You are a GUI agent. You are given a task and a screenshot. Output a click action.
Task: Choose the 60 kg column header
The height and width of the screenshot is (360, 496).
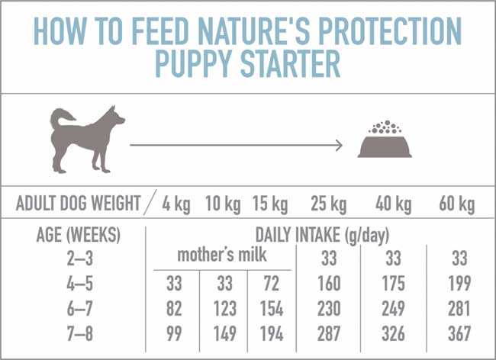tap(456, 204)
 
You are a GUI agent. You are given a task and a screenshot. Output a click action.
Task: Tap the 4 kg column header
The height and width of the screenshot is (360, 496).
tap(177, 204)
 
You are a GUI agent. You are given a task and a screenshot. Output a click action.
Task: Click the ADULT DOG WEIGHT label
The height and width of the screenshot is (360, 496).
tap(78, 204)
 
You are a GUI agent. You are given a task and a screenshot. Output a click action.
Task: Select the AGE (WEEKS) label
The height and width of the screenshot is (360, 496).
tap(79, 235)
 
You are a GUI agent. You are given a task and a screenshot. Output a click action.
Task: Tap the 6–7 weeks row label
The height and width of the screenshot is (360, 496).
tap(79, 309)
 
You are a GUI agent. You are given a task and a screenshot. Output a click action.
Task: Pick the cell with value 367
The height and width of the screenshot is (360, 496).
tap(456, 334)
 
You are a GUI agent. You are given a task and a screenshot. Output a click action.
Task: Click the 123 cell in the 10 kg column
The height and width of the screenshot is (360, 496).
tap(224, 309)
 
